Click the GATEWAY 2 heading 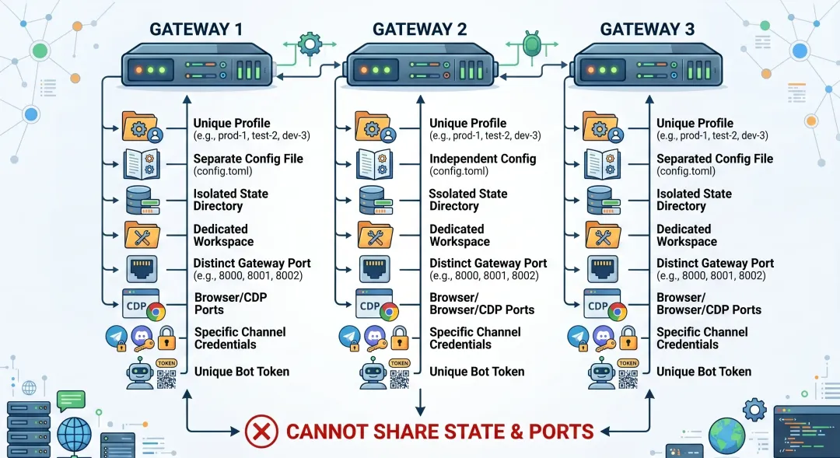click(419, 29)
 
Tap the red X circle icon click(261, 432)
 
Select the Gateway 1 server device click(198, 66)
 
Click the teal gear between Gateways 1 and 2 click(310, 44)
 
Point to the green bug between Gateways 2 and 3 click(531, 44)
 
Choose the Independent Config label click(483, 159)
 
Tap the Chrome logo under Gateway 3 click(617, 312)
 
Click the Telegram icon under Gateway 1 click(117, 337)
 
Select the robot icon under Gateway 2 click(373, 372)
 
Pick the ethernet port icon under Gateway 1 click(142, 269)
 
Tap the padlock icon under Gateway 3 click(628, 338)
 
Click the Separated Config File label click(715, 159)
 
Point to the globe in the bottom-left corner click(75, 435)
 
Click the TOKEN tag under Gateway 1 click(166, 363)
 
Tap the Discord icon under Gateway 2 click(374, 337)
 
